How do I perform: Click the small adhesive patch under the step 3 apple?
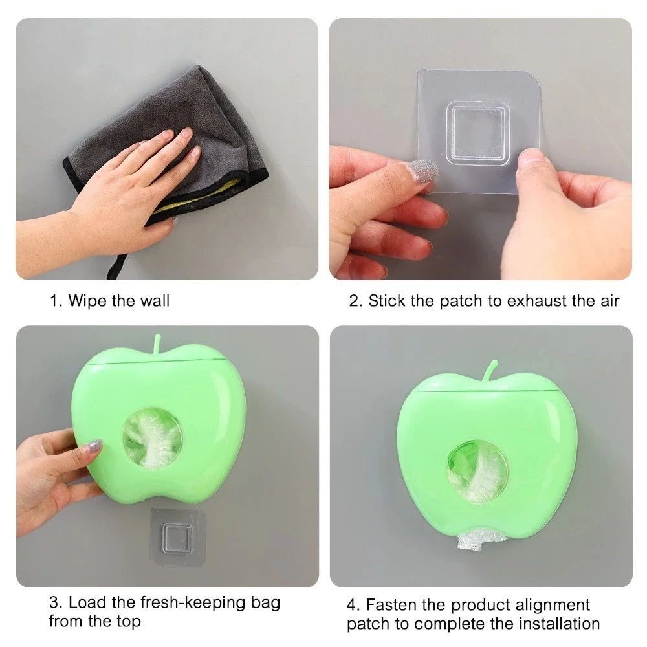click(179, 534)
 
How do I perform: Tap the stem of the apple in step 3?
click(157, 345)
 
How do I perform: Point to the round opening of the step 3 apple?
click(152, 439)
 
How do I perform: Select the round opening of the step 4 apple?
click(477, 470)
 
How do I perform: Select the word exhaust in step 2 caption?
click(537, 301)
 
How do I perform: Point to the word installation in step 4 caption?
click(559, 624)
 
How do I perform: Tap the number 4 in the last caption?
click(351, 606)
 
